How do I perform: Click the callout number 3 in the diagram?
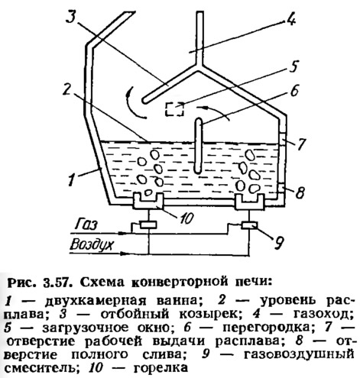point(72,17)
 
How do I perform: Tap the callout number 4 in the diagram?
point(290,18)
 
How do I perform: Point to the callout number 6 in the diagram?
point(294,90)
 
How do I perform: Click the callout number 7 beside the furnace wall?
point(300,144)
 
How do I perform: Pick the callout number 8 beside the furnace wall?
point(300,192)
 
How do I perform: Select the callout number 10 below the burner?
point(186,218)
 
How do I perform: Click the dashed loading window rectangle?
point(175,109)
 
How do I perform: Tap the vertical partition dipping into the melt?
point(198,146)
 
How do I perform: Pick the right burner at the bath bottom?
point(250,202)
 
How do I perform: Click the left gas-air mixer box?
point(148,225)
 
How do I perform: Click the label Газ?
point(87,225)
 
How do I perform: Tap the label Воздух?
point(91,245)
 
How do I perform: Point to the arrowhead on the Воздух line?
point(123,254)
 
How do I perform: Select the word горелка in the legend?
point(161,367)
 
